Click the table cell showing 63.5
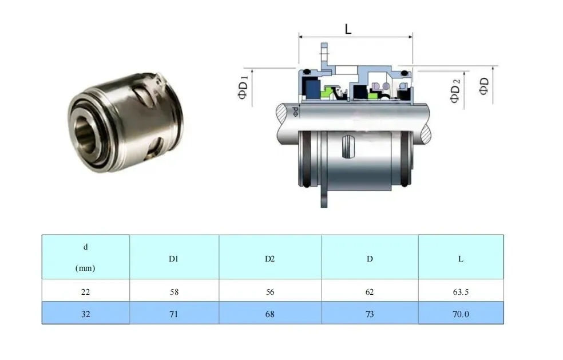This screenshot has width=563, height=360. (461, 292)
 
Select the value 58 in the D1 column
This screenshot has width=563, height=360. (174, 292)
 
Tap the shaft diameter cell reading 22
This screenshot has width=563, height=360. (85, 292)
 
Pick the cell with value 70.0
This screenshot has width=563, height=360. (461, 314)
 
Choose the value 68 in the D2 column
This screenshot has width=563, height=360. (270, 314)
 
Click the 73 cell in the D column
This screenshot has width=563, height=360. (370, 314)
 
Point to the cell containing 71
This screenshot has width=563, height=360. (174, 314)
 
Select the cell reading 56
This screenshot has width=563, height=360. (270, 292)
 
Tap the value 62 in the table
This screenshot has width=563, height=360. (370, 292)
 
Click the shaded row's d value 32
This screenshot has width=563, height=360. (85, 314)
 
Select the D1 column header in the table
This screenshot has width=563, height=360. (174, 259)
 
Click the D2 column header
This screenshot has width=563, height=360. (270, 259)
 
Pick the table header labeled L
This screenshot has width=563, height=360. (461, 259)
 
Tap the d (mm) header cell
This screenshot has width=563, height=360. (85, 257)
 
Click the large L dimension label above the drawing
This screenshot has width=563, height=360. (348, 29)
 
